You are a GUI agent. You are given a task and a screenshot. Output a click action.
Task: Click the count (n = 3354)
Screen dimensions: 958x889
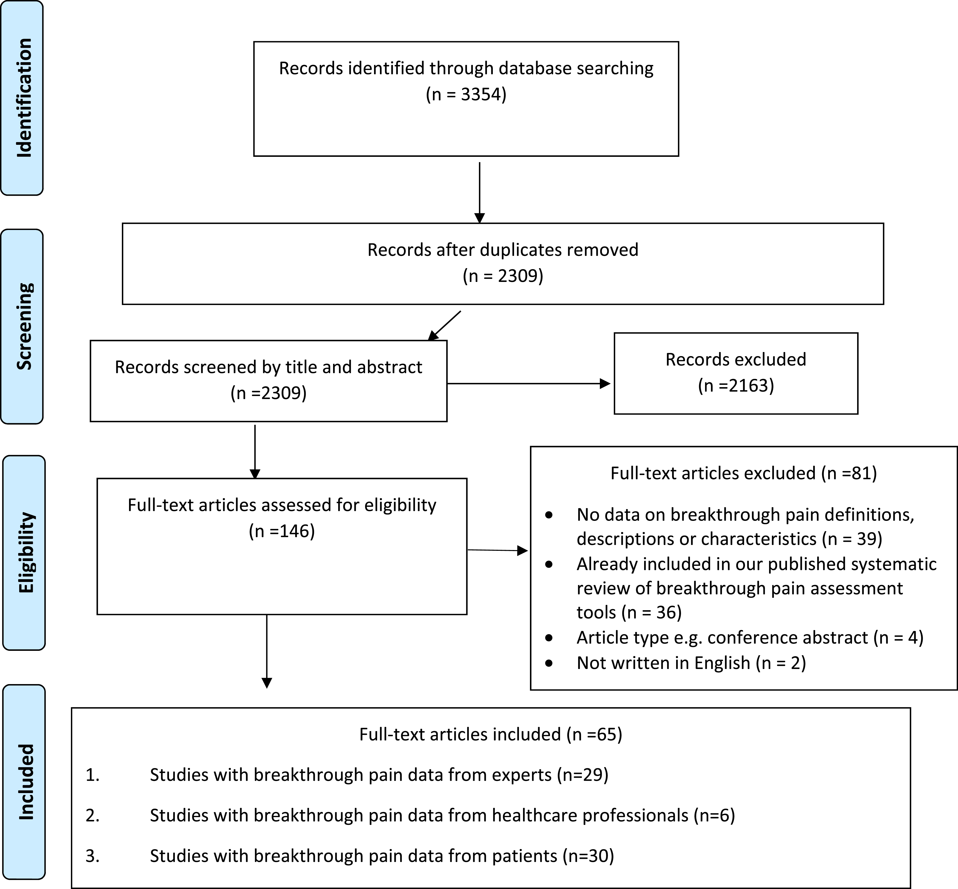click(466, 94)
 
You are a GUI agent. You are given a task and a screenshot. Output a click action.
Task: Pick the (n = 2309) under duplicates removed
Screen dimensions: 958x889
click(503, 276)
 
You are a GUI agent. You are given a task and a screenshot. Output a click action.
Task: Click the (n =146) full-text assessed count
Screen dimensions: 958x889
click(282, 531)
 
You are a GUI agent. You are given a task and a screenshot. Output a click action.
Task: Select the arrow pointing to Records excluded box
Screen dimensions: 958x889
click(529, 383)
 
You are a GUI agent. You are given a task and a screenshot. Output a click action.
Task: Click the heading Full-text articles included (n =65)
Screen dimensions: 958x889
click(491, 734)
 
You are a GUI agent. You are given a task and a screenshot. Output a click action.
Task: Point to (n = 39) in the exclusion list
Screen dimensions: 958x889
click(852, 539)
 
